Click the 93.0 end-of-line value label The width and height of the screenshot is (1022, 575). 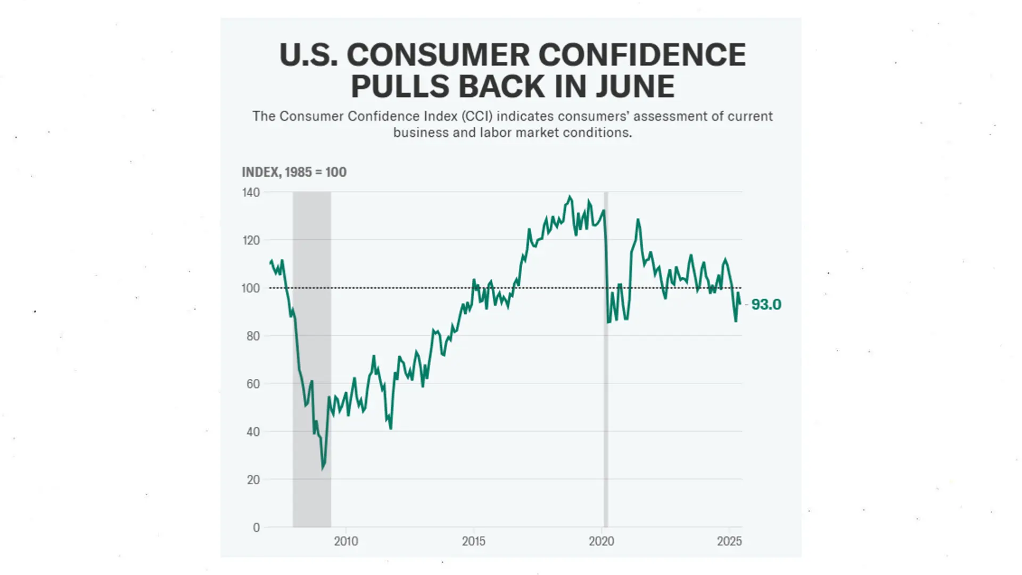coord(766,305)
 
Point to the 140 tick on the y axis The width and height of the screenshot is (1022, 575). coord(251,192)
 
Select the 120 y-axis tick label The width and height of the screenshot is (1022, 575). coord(251,240)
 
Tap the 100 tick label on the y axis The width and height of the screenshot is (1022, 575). coord(251,288)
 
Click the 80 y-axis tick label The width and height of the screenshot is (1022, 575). coord(253,336)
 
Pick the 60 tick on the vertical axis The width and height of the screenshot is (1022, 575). coord(253,384)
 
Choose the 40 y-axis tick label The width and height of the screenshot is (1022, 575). coord(253,432)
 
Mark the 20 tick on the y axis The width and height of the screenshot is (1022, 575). coord(253,480)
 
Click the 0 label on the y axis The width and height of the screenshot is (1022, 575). coord(256,528)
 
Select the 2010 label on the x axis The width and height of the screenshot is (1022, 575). coord(346,541)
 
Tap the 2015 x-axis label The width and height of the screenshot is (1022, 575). coord(474,541)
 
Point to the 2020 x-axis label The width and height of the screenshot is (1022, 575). coord(601,541)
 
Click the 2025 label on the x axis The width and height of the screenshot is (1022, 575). coord(729,541)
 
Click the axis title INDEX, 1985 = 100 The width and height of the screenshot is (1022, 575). coord(294,172)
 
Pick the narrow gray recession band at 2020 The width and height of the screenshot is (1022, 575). coord(606,373)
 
